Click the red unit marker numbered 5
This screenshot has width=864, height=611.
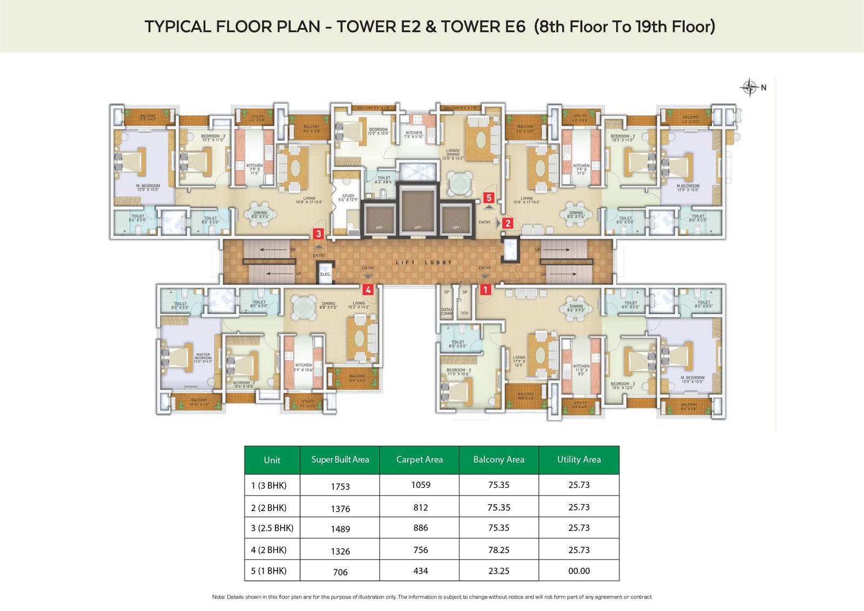coord(489,198)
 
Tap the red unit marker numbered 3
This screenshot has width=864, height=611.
coord(319,234)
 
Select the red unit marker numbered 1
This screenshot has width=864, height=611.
coord(485,290)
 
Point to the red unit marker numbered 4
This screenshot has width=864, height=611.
coord(368,290)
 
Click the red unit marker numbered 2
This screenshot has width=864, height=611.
coord(508,223)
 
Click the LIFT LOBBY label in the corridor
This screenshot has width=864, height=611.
coord(424,263)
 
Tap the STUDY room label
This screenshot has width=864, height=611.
coord(348,198)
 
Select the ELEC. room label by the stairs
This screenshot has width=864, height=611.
coord(325,274)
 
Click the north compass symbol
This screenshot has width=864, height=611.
coord(750,87)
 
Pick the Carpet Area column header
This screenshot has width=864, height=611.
coord(419,460)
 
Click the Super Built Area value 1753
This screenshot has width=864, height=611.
coord(340,486)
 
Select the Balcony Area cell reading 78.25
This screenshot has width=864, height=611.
coord(498,550)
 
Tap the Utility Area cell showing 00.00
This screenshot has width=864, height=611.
coord(579,571)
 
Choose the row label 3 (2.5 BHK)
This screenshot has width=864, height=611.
coord(272,528)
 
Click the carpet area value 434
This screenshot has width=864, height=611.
coord(420,571)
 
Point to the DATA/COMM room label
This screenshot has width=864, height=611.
coord(447,312)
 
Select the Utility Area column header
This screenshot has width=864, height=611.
coord(579,460)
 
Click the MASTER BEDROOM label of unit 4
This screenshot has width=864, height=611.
coord(203,358)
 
